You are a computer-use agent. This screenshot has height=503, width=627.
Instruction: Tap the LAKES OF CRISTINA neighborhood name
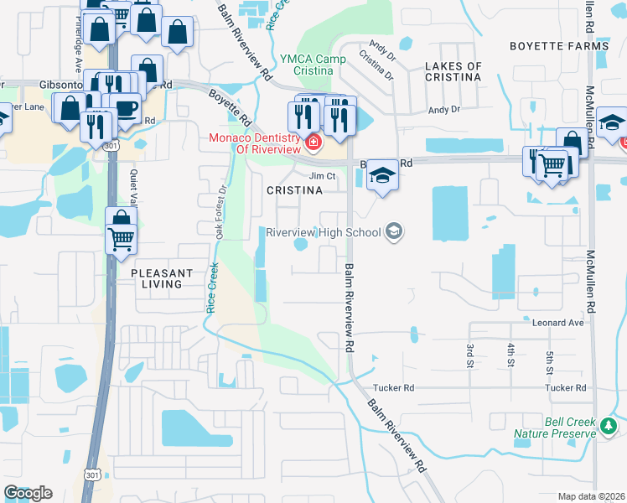pyautogui.click(x=453, y=71)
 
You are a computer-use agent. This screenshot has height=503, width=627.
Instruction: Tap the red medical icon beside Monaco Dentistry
pyautogui.click(x=313, y=143)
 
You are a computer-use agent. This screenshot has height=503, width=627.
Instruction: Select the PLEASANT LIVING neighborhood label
pyautogui.click(x=161, y=278)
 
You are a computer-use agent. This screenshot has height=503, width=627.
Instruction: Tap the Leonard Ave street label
pyautogui.click(x=557, y=322)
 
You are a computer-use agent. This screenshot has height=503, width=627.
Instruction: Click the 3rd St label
pyautogui.click(x=469, y=355)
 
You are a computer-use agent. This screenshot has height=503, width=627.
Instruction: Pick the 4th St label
pyautogui.click(x=510, y=355)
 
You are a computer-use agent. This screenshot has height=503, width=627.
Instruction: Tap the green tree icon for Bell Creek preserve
pyautogui.click(x=608, y=428)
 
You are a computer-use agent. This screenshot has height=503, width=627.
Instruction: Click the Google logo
pyautogui.click(x=28, y=493)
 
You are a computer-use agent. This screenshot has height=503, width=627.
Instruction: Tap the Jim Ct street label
pyautogui.click(x=322, y=176)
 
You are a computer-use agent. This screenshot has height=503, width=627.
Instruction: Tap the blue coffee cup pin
pyautogui.click(x=126, y=109)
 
